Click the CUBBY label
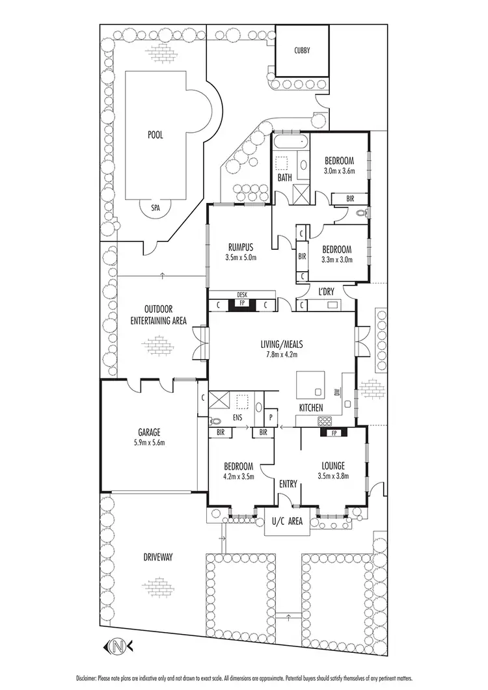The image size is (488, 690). click(x=301, y=50)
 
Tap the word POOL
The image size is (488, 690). click(x=155, y=135)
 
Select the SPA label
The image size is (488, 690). click(x=156, y=208)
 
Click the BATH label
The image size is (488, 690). click(x=285, y=177)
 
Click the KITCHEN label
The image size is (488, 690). click(x=311, y=407)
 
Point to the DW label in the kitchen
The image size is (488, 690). click(x=337, y=392)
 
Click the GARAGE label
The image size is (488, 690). click(x=148, y=432)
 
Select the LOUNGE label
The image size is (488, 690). click(x=332, y=466)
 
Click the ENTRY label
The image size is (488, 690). click(x=288, y=484)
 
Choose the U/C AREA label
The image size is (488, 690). click(x=287, y=521)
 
